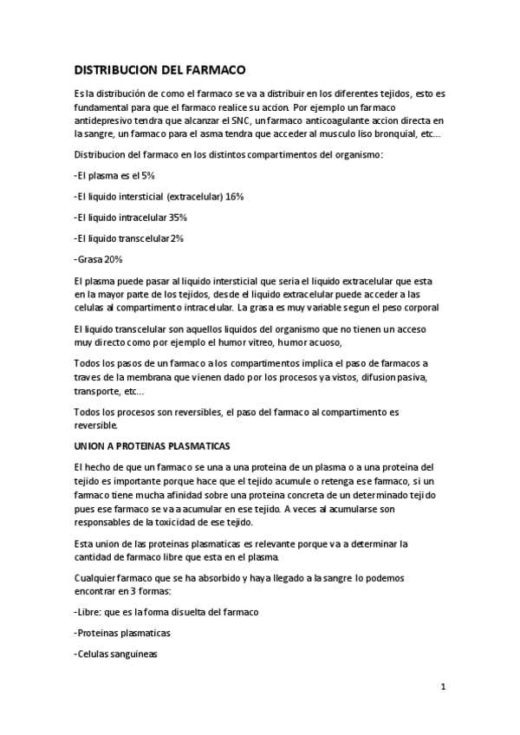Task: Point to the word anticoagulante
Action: tap(341, 120)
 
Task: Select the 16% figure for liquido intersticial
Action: tap(234, 196)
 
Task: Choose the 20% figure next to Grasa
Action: tap(113, 258)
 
